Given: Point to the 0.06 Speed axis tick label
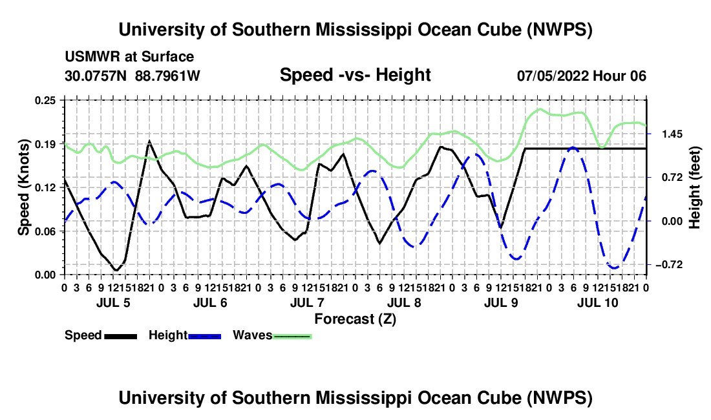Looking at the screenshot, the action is (45, 231).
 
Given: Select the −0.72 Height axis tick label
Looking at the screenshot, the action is (669, 264).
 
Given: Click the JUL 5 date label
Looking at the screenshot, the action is (113, 302).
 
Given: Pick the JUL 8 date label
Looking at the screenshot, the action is (404, 302).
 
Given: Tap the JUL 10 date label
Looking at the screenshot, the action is (598, 302).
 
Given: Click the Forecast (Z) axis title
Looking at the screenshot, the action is (355, 319).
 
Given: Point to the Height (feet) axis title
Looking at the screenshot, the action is (695, 187).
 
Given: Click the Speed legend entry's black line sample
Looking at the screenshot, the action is (121, 337).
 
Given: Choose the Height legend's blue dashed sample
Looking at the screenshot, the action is (204, 337).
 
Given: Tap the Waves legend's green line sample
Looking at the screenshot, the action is (292, 337).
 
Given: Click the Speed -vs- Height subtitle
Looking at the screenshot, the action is (355, 75).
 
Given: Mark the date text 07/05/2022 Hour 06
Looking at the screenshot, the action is (581, 76).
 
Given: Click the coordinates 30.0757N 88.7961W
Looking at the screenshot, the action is (132, 76).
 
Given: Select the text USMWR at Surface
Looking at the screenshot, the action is (129, 57).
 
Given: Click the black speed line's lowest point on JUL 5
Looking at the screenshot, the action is (116, 271).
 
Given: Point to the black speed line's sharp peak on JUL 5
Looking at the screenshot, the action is (149, 142).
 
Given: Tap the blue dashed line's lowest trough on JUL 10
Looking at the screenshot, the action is (615, 268).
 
